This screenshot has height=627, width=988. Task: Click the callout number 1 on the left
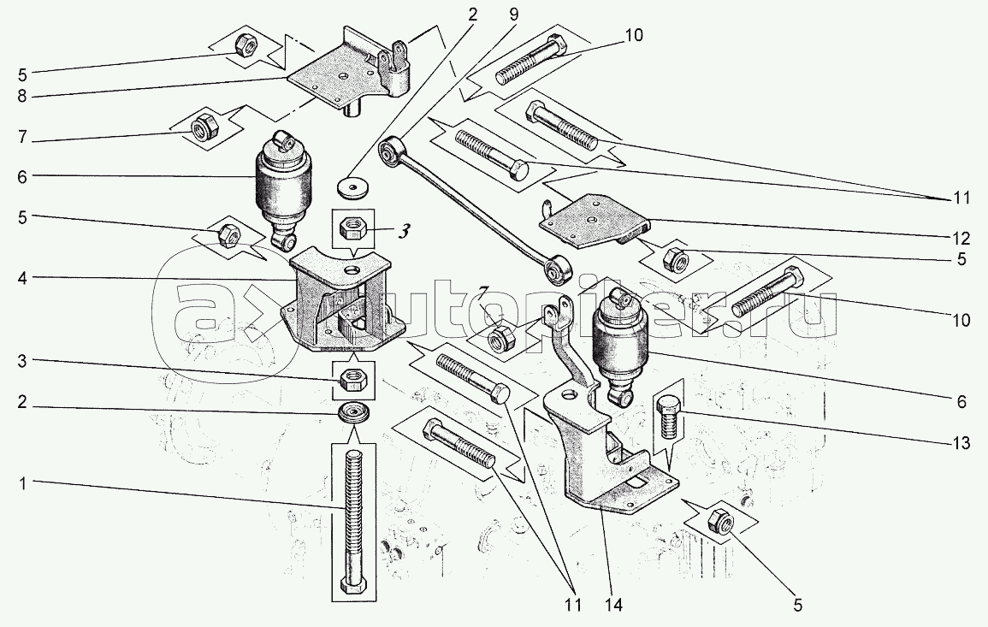tap(23, 483)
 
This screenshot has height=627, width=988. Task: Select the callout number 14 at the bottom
tap(613, 606)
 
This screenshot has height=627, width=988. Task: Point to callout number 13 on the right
tap(961, 444)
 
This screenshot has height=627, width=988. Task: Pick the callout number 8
tap(23, 97)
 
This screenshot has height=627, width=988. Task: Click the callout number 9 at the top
tap(513, 14)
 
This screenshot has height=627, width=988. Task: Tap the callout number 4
tap(23, 277)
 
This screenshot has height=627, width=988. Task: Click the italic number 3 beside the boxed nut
tap(403, 231)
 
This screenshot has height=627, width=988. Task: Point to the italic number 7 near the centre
tap(482, 293)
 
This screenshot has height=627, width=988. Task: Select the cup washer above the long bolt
tap(352, 417)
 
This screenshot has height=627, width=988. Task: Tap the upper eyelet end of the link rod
tap(391, 152)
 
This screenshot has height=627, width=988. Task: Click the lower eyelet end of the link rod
tap(559, 268)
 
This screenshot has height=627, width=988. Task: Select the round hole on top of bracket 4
tap(353, 272)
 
